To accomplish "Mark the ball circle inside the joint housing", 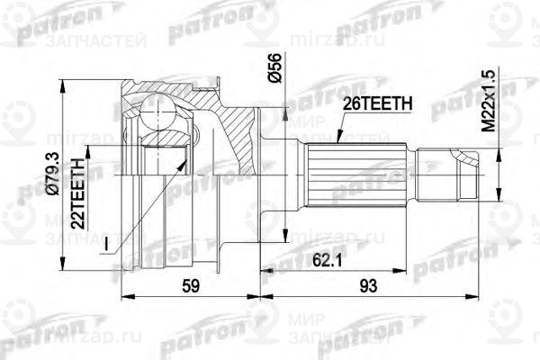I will [x=160, y=119].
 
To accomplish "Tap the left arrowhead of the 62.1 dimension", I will [x=264, y=269].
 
